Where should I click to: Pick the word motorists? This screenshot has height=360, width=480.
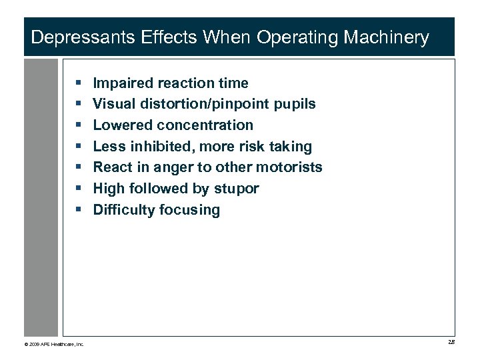(289, 167)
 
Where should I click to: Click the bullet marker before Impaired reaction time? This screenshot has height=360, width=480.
(79, 83)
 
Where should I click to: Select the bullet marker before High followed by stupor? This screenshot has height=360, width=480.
(79, 189)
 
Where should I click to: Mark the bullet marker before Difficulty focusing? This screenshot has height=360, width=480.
(79, 210)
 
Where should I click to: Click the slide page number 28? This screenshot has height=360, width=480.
(451, 343)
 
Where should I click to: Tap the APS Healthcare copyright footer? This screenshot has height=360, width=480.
(54, 344)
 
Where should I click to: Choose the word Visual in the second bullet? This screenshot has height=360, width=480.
(113, 104)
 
